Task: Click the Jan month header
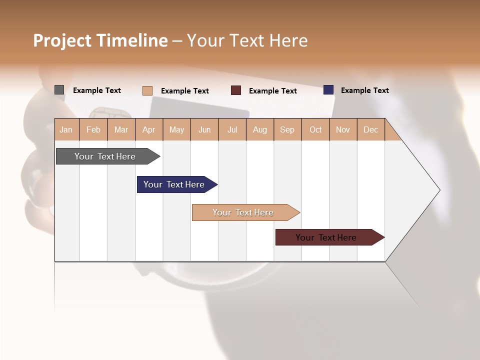click(66, 129)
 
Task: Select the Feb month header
click(93, 129)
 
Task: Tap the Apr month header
click(149, 129)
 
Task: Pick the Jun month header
click(204, 129)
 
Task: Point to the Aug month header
click(260, 129)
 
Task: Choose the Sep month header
click(287, 129)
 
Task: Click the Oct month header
click(315, 129)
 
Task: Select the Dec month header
click(371, 129)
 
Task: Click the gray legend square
click(59, 90)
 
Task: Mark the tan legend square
click(147, 90)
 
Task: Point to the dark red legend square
click(236, 90)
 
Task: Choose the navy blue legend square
click(328, 90)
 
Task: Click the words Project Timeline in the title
click(100, 40)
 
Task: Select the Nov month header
click(343, 129)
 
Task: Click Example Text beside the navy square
click(365, 90)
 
